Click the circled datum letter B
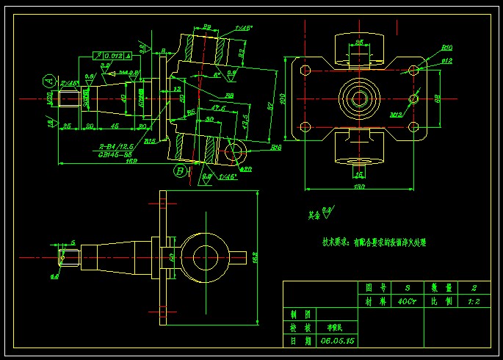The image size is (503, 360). point(180,171)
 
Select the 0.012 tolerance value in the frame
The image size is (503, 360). point(113,55)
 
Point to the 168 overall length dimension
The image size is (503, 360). point(111,161)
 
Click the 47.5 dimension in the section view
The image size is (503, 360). point(217,108)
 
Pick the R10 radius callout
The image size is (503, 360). point(446,48)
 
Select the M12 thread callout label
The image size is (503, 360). point(396,115)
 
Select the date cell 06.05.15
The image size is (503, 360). point(335,342)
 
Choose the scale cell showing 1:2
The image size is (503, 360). point(475,301)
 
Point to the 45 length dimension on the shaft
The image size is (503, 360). point(115,126)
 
